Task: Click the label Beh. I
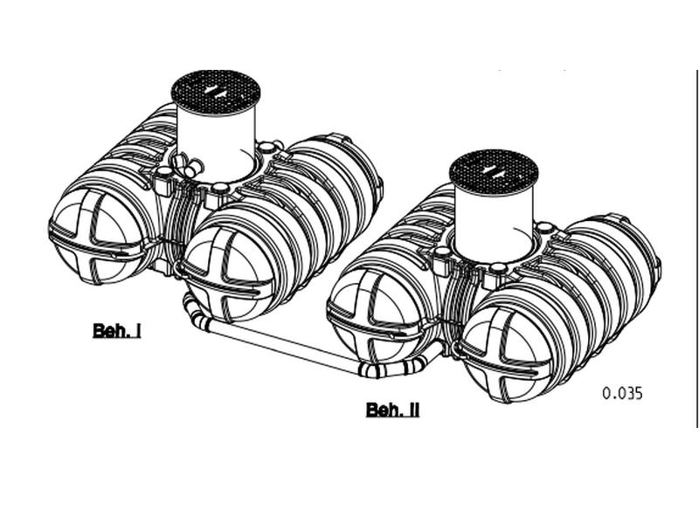click(x=116, y=330)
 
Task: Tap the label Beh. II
click(x=392, y=410)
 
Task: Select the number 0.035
click(x=622, y=393)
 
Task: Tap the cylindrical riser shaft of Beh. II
click(x=494, y=218)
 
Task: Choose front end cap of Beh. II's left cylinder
click(x=371, y=319)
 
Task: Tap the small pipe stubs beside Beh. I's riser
click(x=186, y=162)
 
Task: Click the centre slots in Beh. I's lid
click(x=216, y=89)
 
